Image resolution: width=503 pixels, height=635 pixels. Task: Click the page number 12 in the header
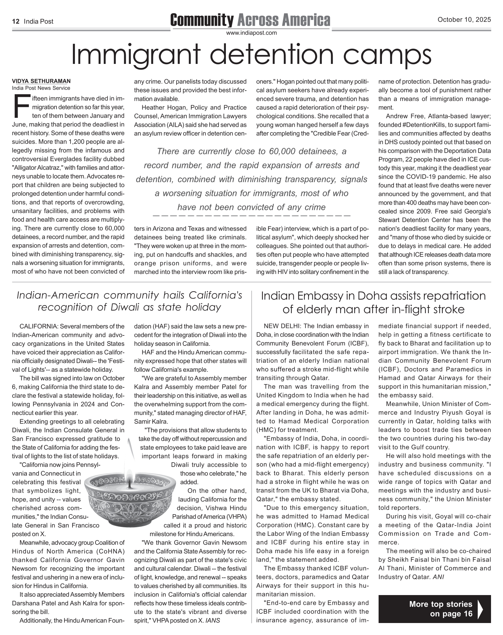tap(15, 22)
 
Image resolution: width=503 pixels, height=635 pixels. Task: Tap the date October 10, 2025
tap(464, 20)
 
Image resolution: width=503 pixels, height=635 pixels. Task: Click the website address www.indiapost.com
tap(251, 33)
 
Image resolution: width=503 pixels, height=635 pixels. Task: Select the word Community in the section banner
tap(202, 20)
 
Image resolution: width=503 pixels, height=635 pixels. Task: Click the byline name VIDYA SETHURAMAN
tap(41, 81)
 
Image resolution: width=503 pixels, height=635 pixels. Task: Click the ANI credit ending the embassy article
tap(438, 577)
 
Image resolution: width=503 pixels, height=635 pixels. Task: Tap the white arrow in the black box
tap(480, 609)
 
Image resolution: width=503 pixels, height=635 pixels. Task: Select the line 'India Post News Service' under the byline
tap(41, 88)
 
